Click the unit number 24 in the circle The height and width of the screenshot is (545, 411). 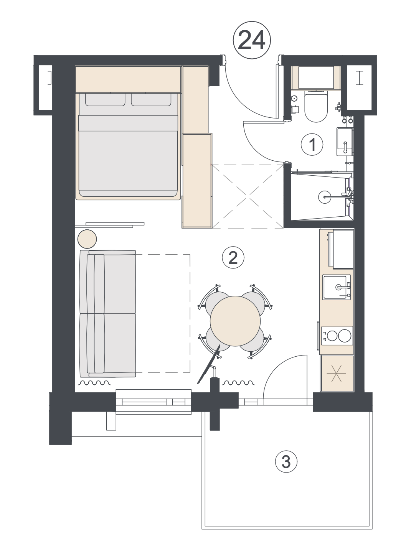(251, 40)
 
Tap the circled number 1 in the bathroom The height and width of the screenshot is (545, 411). (312, 144)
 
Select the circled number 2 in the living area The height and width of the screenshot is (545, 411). (233, 259)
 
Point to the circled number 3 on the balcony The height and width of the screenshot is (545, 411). (286, 462)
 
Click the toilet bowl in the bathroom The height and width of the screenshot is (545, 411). (315, 107)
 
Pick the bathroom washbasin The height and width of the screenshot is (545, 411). (344, 142)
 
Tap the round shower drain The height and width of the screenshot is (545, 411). (324, 197)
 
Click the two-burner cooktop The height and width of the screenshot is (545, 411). (337, 336)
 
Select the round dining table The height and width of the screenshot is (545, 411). (235, 321)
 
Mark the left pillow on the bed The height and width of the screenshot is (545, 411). (105, 100)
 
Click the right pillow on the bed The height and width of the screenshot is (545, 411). (151, 100)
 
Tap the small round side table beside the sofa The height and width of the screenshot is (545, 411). (87, 239)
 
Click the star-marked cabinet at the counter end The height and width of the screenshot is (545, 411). (337, 374)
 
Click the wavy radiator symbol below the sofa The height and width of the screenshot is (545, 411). (94, 383)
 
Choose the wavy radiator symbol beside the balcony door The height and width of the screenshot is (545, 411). (238, 383)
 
